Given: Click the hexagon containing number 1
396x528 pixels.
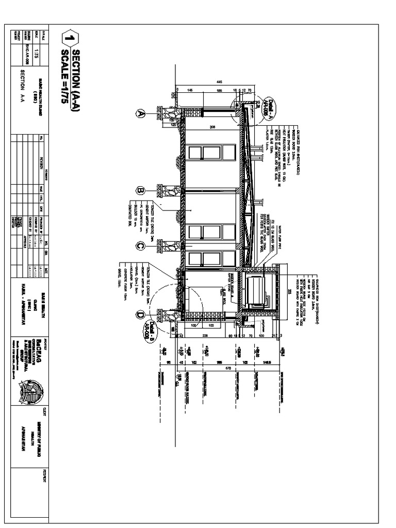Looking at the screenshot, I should tap(70, 39).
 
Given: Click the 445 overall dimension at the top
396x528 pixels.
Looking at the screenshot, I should tap(219, 82).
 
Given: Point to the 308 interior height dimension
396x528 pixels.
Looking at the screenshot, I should tap(212, 127).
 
